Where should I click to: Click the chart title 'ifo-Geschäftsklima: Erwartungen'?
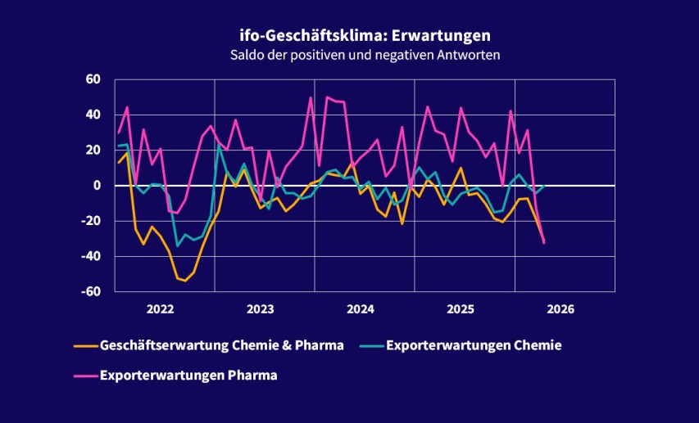[x=349, y=36]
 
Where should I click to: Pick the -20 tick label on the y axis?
[x=91, y=221]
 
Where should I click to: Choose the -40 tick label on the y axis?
[x=91, y=257]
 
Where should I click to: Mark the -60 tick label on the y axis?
[x=91, y=292]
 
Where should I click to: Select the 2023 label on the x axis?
[x=260, y=309]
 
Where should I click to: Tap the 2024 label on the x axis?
[x=361, y=309]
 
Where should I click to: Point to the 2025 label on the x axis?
[x=461, y=309]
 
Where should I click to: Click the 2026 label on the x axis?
[x=561, y=309]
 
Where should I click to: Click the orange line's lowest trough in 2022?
[x=185, y=281]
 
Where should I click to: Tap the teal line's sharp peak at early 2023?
[x=219, y=146]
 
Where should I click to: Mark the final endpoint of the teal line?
[x=545, y=186]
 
